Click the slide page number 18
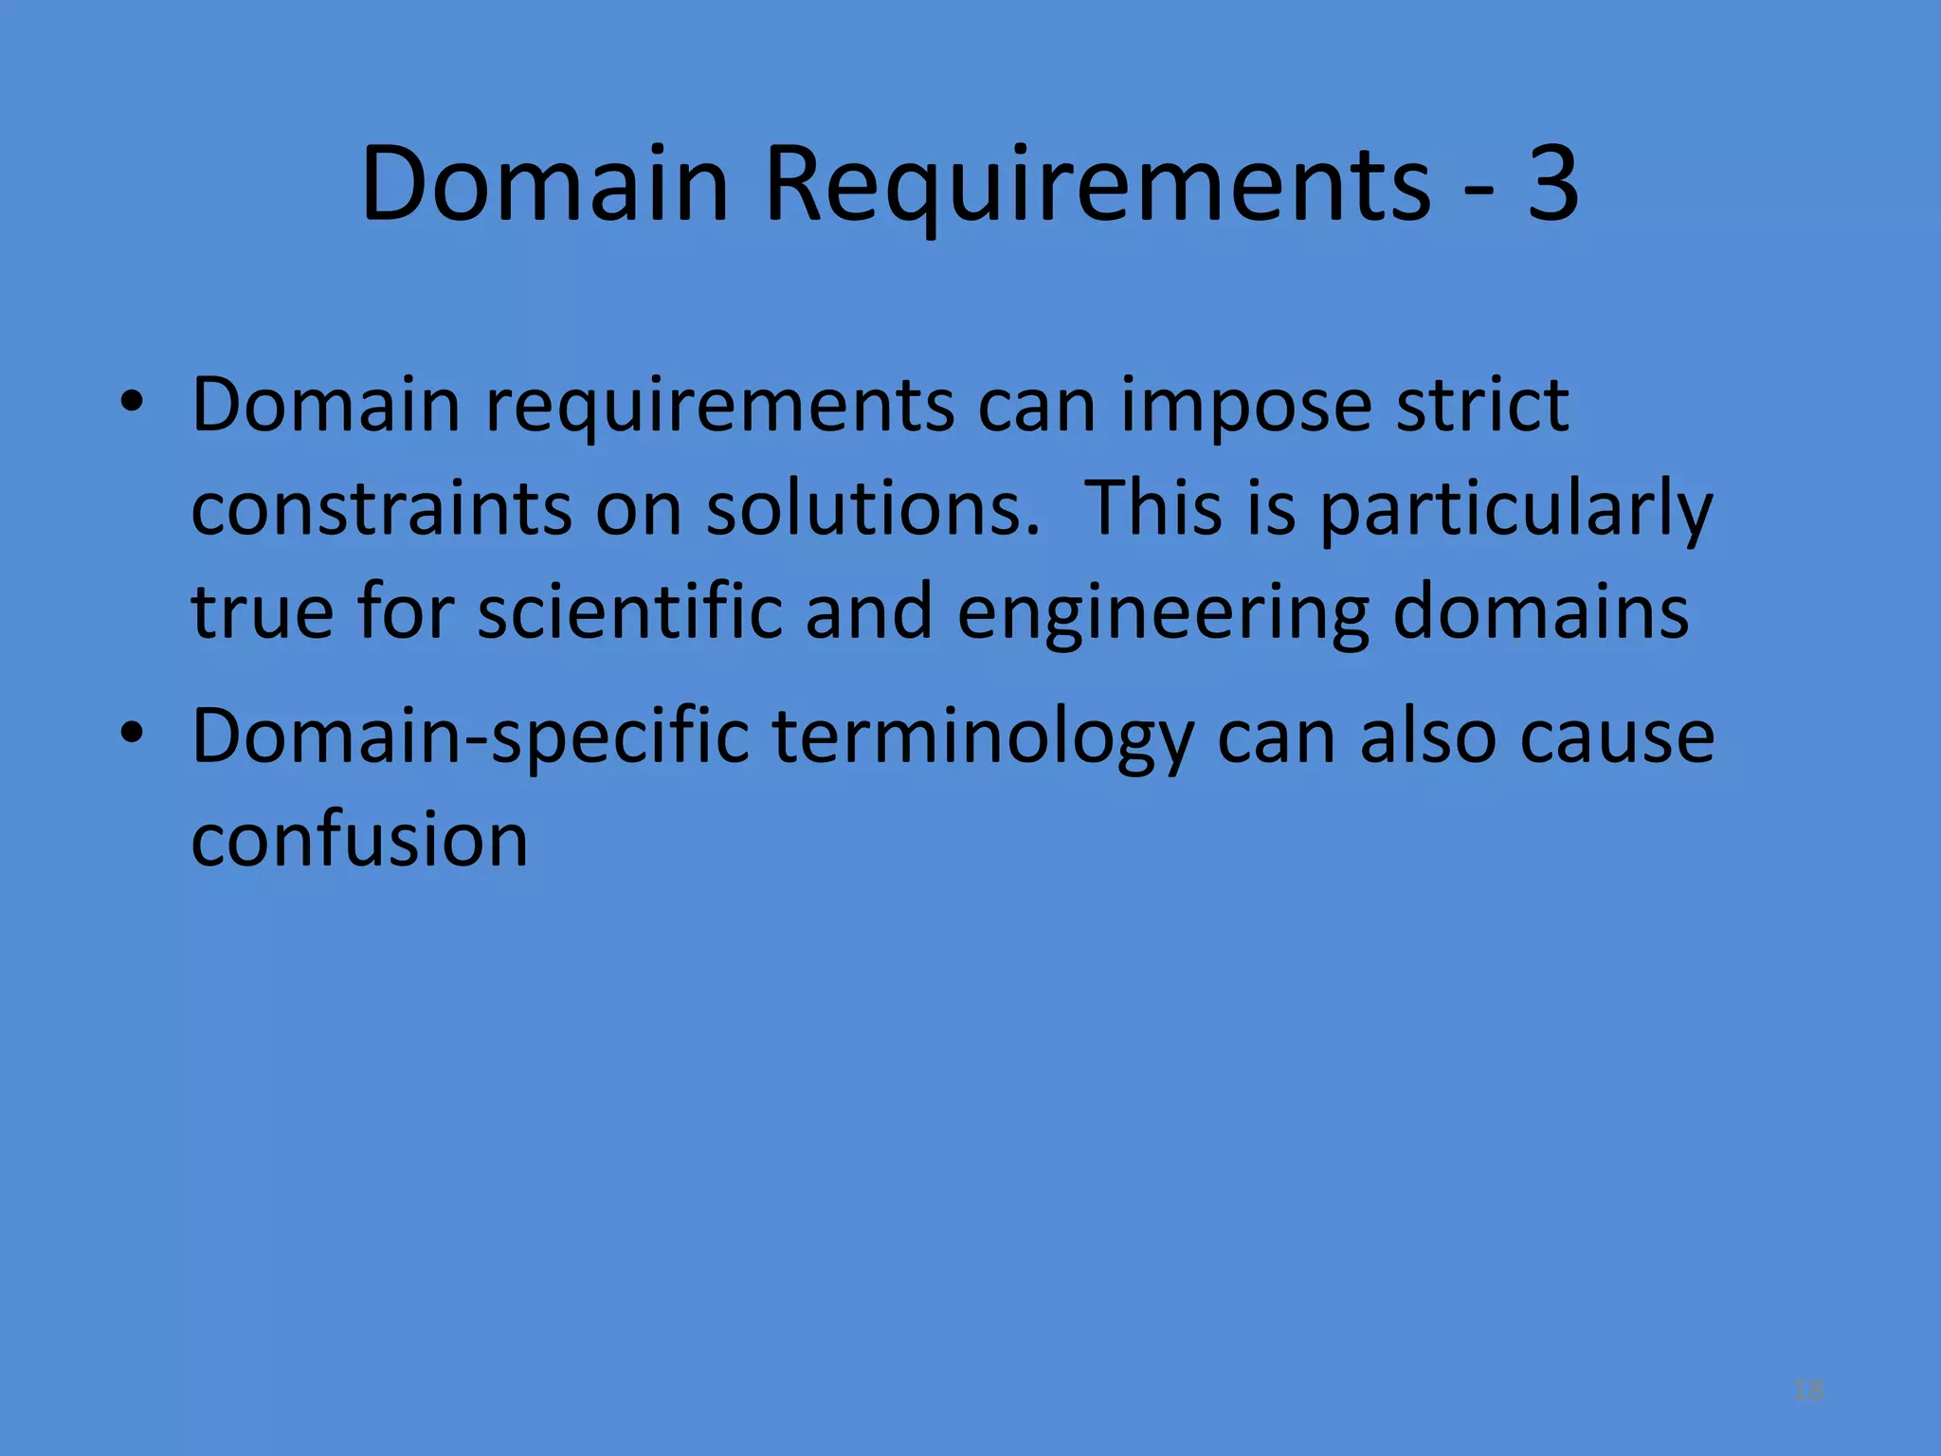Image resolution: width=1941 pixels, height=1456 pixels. [x=1808, y=1391]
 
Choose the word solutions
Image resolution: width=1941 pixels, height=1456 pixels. [x=873, y=509]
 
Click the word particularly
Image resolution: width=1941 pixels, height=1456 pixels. [x=1515, y=509]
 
